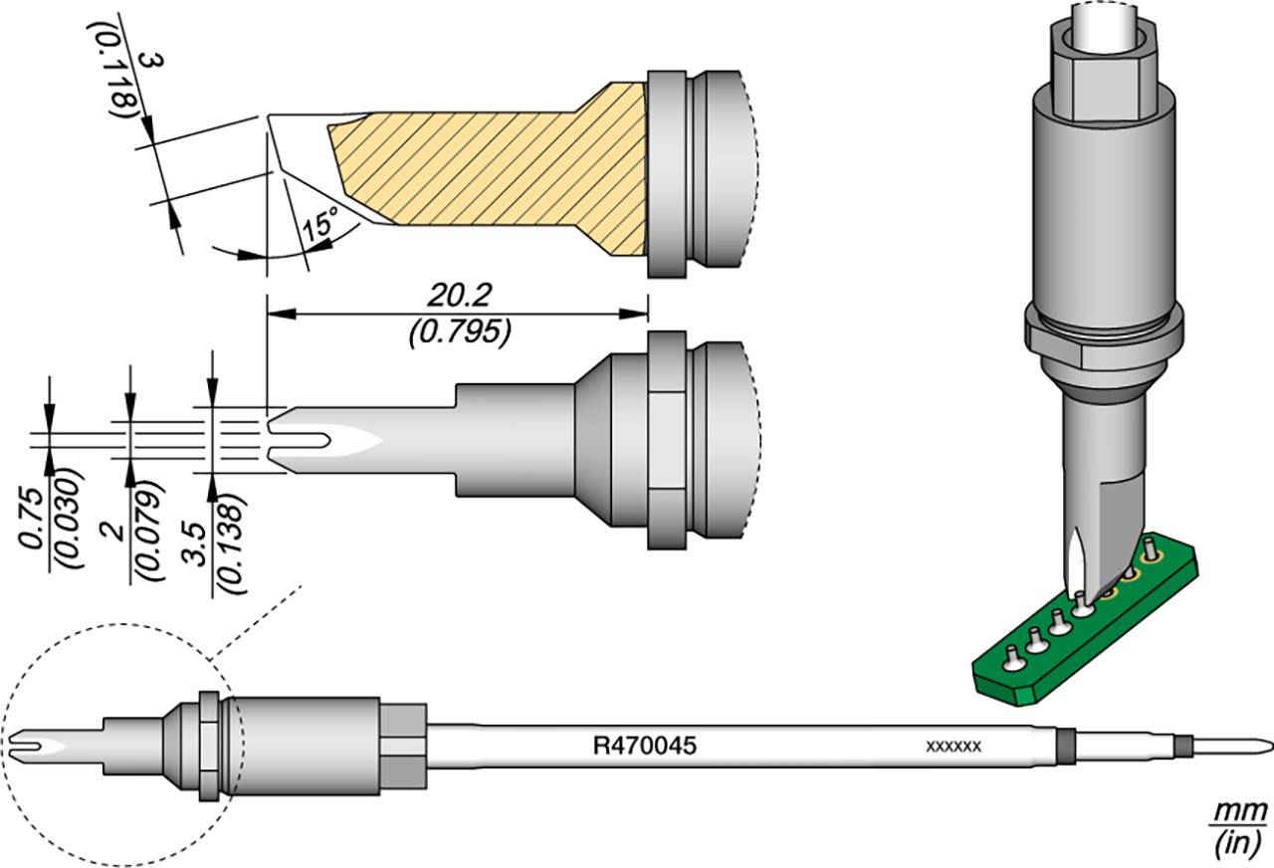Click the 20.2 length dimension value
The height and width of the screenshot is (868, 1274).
coord(459,296)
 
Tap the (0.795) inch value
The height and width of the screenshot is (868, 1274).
coord(459,331)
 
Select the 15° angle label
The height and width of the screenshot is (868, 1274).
coord(320,225)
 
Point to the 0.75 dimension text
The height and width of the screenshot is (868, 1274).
coord(31,519)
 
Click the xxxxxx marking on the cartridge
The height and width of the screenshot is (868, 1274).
coord(954,746)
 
